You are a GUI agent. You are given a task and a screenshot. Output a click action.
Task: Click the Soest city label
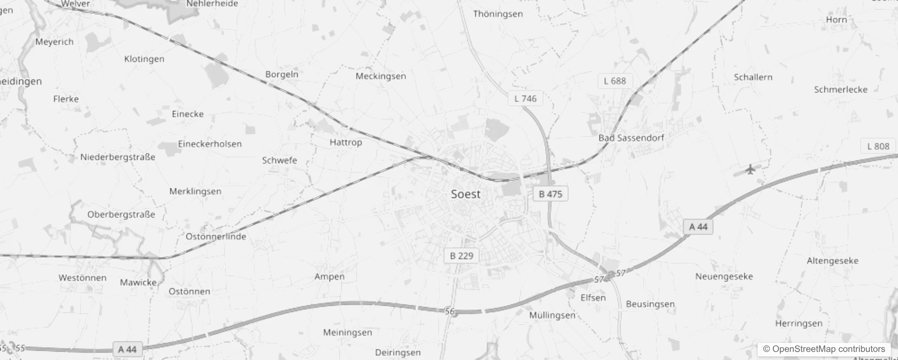[x=466, y=194]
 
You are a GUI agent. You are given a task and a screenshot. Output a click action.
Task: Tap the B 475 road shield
[x=550, y=194]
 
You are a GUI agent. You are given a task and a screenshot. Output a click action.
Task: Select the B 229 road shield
[x=462, y=256]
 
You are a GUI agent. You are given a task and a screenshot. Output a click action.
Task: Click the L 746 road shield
[x=525, y=99]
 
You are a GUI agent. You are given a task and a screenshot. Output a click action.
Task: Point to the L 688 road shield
[x=615, y=81]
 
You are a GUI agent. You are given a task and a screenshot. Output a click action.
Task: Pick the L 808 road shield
[x=878, y=146]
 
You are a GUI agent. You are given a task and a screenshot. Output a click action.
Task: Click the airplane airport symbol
[x=750, y=170]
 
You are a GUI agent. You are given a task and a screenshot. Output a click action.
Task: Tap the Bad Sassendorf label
[x=631, y=138]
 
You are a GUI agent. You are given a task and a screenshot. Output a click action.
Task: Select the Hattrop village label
[x=346, y=142]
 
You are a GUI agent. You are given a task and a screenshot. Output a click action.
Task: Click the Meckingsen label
[x=381, y=76]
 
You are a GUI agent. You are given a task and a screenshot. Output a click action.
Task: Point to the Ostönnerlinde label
[x=216, y=236]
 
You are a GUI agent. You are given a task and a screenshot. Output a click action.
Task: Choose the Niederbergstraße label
[x=117, y=157]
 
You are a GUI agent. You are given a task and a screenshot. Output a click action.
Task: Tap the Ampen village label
[x=329, y=276]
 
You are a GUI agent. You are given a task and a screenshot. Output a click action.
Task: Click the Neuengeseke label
[x=724, y=276]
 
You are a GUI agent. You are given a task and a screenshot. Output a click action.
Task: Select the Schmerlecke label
[x=840, y=89]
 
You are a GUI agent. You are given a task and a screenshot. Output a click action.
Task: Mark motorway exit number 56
[x=450, y=311]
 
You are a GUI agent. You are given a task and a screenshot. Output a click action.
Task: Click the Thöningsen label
[x=498, y=14]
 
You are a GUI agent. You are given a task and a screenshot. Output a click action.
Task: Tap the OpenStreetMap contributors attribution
[x=824, y=349]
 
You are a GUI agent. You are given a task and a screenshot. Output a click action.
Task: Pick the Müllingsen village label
[x=552, y=315]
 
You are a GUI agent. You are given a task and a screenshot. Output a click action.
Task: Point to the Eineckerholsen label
[x=210, y=144]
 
